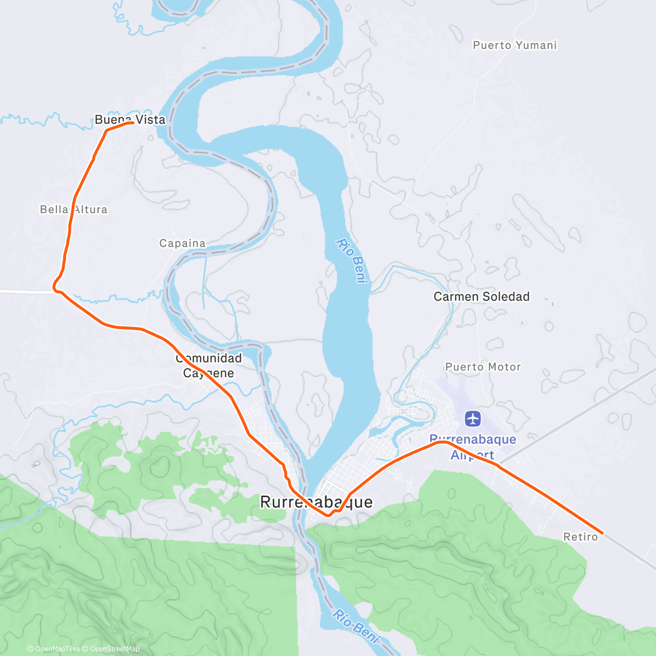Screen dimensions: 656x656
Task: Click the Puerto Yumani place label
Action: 514,45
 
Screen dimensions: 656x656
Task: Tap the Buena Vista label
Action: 130,119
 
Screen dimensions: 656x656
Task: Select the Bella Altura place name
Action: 74,209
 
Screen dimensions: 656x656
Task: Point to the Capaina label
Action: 183,243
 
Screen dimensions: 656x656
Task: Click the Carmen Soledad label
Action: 481,297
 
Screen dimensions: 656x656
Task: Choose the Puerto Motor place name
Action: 483,367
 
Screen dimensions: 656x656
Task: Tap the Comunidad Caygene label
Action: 209,366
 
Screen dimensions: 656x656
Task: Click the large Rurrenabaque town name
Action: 316,502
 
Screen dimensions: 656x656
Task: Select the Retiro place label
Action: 581,537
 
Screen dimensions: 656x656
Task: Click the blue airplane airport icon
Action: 473,419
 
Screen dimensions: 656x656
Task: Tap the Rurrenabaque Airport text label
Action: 473,447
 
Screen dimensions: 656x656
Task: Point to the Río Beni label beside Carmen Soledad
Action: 350,261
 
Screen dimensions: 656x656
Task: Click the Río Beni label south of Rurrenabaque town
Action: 356,625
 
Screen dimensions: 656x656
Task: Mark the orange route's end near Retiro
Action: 602,532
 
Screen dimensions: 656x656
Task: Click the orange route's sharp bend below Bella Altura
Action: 54,286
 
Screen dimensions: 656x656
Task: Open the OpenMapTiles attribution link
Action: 54,649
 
